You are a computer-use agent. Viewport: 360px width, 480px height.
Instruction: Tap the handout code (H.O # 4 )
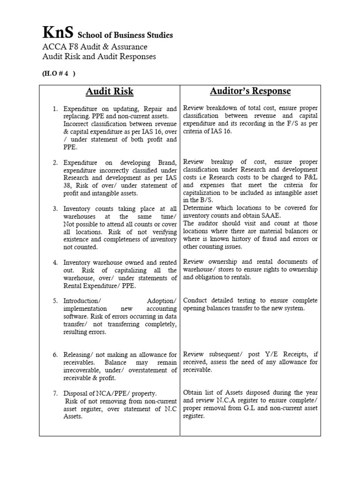pyautogui.click(x=60, y=74)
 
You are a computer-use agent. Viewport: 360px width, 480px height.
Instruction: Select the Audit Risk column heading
pyautogui.click(x=110, y=91)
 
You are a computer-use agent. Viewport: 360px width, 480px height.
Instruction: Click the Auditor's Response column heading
pyautogui.click(x=251, y=91)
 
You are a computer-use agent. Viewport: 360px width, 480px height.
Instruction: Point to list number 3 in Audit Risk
pyautogui.click(x=55, y=208)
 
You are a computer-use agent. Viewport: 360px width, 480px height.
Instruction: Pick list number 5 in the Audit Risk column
pyautogui.click(x=55, y=300)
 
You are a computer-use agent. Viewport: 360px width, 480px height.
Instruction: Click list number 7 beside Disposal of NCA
pyautogui.click(x=55, y=393)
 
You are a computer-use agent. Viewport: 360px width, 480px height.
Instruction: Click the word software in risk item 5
pyautogui.click(x=75, y=316)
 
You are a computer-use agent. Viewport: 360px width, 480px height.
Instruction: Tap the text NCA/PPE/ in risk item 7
pyautogui.click(x=107, y=393)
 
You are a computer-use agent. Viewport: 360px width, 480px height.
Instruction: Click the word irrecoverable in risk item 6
pyautogui.click(x=83, y=370)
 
